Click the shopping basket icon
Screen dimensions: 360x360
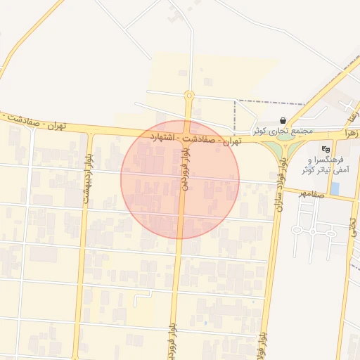tap(283, 120)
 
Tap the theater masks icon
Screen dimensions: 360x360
tap(325, 149)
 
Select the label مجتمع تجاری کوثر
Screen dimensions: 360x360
tap(280, 131)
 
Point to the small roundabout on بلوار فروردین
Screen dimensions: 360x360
tap(188, 95)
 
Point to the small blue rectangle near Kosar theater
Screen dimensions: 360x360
tap(335, 188)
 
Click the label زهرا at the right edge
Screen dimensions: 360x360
tap(351, 131)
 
